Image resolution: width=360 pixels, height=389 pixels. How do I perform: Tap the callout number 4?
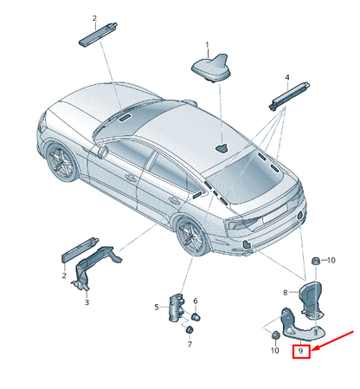pyautogui.click(x=286, y=78)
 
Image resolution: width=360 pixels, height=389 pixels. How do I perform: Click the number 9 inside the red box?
pyautogui.click(x=300, y=352)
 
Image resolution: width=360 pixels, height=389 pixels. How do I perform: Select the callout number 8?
pyautogui.click(x=285, y=294)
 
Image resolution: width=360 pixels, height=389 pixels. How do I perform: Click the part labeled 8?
pyautogui.click(x=310, y=297)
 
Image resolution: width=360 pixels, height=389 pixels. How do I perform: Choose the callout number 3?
pyautogui.click(x=87, y=302)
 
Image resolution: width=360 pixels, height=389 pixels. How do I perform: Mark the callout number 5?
pyautogui.click(x=157, y=307)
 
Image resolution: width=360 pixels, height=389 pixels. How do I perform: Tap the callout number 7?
pyautogui.click(x=189, y=343)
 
